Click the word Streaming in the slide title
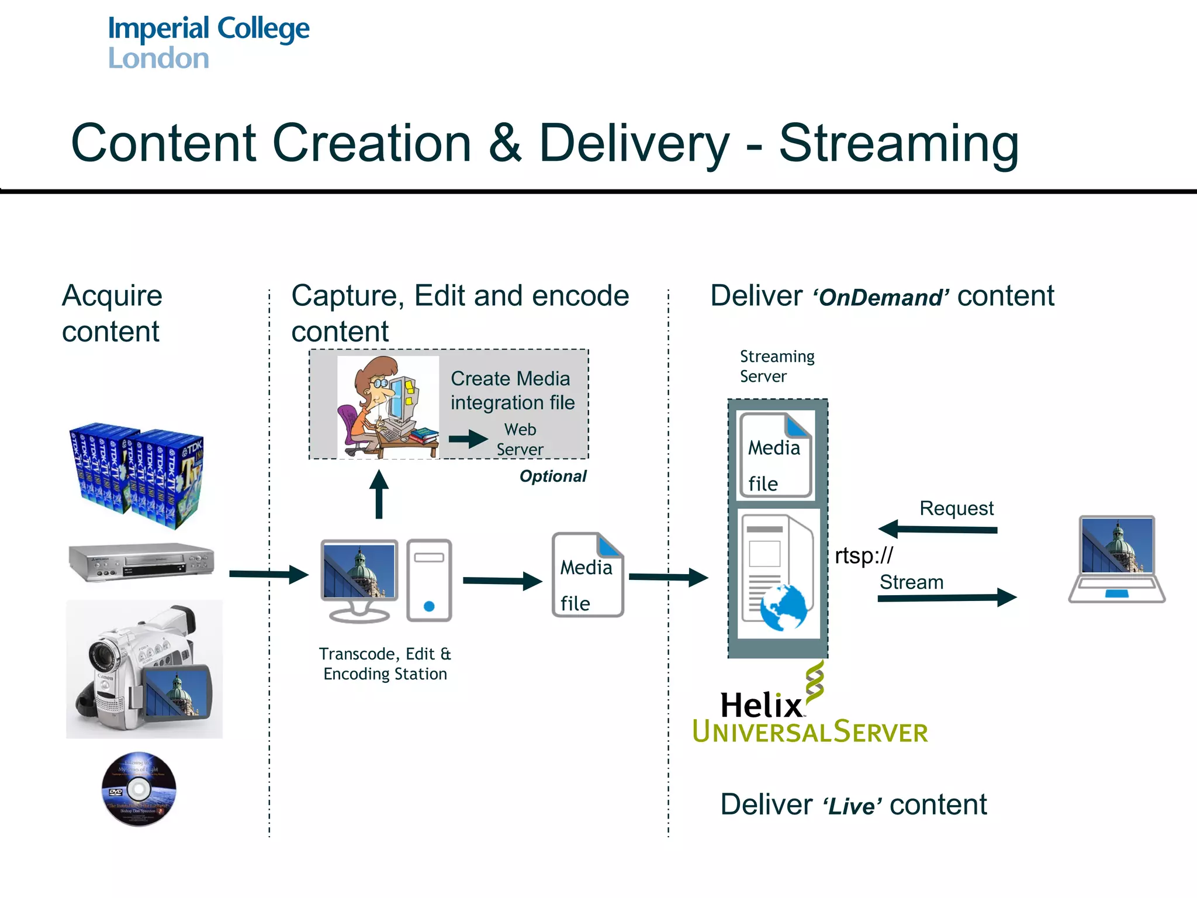coord(898,144)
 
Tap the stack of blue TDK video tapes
coord(137,475)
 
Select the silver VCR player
coord(141,562)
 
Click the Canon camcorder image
coord(144,668)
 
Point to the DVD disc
coord(139,789)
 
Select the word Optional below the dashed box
coord(552,476)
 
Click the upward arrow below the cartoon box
coord(379,494)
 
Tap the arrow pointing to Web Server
coord(468,438)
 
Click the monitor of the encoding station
coord(359,579)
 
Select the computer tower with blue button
coord(429,579)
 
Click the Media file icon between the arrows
coord(587,575)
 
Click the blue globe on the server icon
coord(783,608)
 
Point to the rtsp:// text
coord(863,555)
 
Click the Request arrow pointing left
coord(937,529)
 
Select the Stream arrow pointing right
coord(947,597)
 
